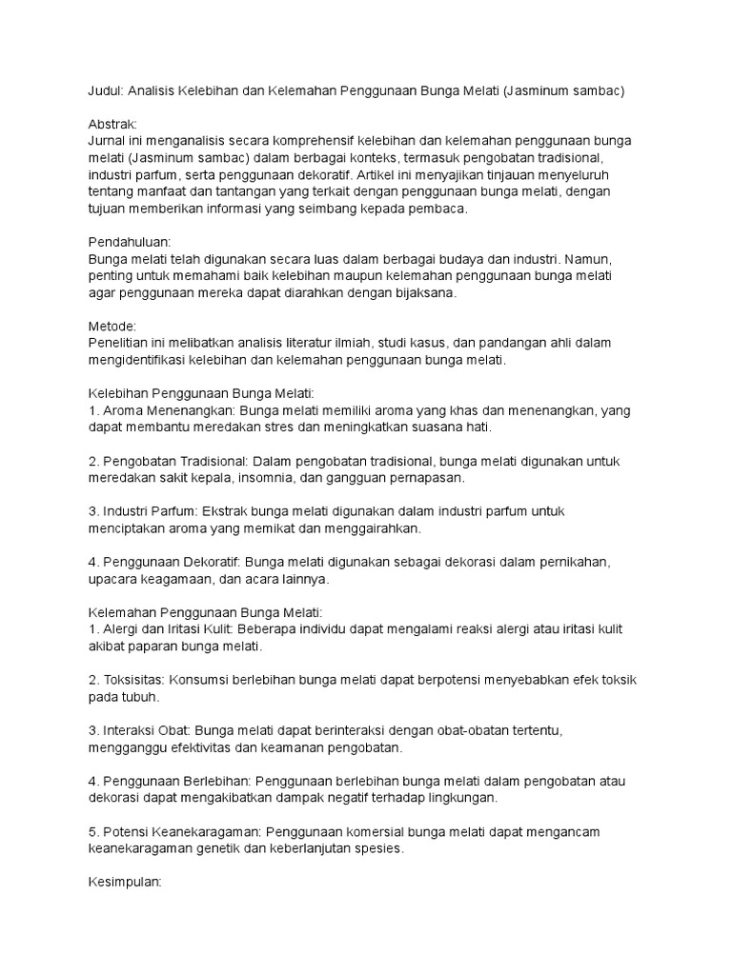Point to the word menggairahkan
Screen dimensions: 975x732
(367, 527)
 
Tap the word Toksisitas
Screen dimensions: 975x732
(128, 680)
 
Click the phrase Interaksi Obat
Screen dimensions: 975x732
(138, 730)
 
